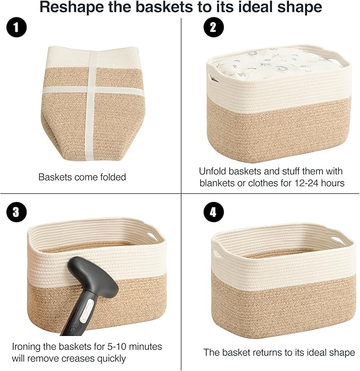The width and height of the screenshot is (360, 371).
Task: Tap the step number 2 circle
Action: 213,28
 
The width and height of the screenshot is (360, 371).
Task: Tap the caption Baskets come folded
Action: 82,177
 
